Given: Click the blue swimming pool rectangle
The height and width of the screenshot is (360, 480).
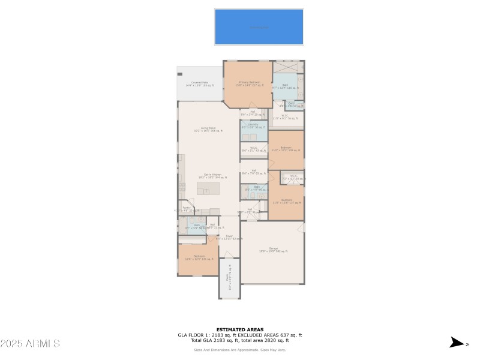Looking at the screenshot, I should [259, 27].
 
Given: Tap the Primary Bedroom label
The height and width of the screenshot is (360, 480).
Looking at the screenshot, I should [249, 83].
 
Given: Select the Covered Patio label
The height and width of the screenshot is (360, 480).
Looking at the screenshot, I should [200, 83].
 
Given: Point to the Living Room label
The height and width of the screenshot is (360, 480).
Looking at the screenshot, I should [208, 129].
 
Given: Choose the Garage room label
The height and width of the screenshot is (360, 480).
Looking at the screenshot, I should [273, 250].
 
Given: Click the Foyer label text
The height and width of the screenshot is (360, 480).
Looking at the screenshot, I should [229, 237].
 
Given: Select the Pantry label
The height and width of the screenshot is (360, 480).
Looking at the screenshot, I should [187, 209].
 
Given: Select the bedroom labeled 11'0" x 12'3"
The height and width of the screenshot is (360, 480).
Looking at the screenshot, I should [286, 148].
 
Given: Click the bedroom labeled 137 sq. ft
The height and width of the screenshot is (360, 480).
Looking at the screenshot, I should [286, 201].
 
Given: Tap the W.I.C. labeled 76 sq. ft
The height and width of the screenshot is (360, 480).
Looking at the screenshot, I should [288, 118].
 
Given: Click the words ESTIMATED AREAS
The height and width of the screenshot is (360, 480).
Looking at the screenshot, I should [239, 329].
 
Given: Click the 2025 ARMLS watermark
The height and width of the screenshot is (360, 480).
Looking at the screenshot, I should [30, 344].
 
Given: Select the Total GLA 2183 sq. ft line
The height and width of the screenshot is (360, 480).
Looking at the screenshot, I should [239, 340].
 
